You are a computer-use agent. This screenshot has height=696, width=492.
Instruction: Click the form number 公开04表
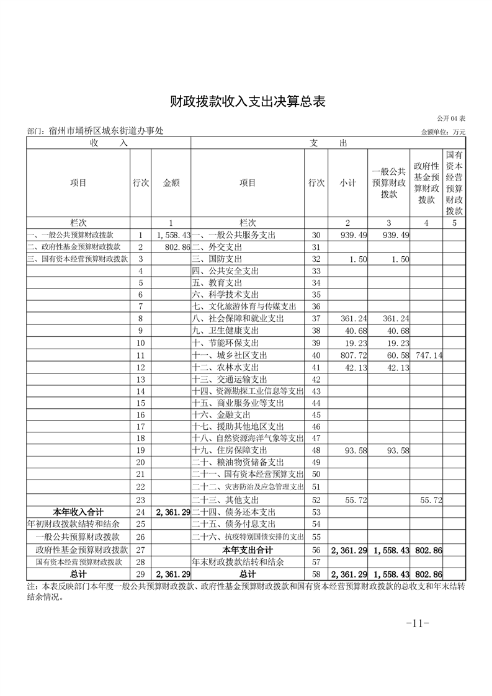[451, 118]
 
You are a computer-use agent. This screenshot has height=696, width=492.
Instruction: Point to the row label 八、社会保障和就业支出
[238, 318]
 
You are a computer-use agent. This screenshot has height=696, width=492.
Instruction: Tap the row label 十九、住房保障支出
[230, 450]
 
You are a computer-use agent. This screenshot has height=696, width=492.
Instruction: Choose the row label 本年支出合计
[248, 550]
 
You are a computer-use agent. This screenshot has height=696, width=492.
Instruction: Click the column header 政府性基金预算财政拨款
[426, 183]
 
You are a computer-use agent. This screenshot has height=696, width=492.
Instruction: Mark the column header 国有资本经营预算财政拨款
[454, 183]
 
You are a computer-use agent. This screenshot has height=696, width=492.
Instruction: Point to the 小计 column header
[347, 183]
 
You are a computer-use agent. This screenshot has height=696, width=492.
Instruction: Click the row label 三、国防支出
[217, 259]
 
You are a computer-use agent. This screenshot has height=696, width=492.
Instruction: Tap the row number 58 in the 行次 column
[316, 574]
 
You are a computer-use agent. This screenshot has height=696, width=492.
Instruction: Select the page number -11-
[417, 623]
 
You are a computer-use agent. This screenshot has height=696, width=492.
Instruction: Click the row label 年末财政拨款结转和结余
[238, 562]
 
